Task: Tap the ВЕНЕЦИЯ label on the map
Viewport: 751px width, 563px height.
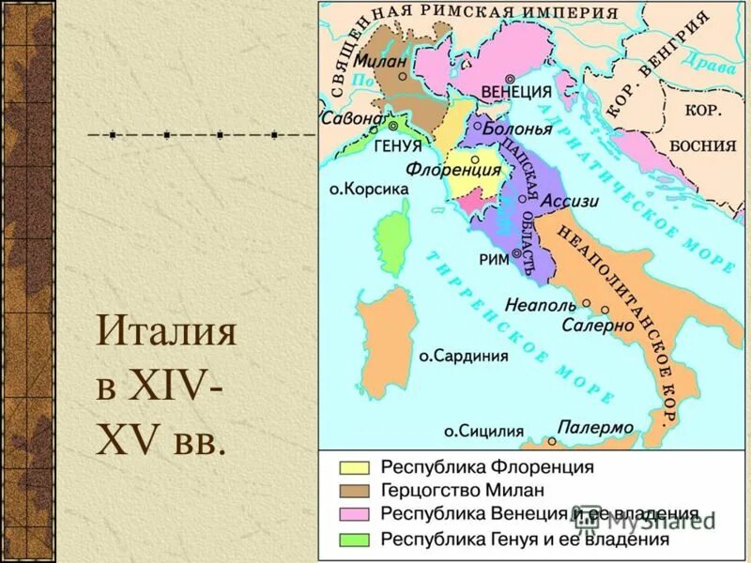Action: [x=515, y=92]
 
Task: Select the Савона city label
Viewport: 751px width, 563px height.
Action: [x=352, y=120]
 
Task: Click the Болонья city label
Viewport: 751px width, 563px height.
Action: [x=518, y=128]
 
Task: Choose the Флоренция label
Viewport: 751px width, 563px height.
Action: [x=454, y=171]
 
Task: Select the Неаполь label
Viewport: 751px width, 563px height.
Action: [x=539, y=304]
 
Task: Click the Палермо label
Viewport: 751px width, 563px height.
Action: [x=595, y=428]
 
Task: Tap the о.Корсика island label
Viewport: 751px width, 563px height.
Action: [x=369, y=189]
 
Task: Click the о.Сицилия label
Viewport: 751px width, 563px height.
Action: [x=483, y=432]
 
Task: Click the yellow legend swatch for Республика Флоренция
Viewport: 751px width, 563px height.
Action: [x=354, y=466]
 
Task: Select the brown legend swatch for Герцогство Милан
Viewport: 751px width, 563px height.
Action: [x=354, y=491]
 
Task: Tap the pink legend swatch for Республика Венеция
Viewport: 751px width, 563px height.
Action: [x=354, y=514]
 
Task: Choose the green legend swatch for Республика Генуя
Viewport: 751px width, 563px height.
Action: [x=354, y=539]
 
